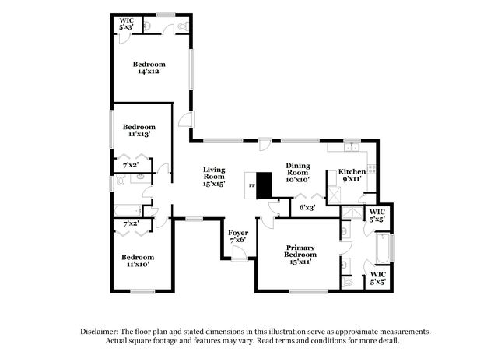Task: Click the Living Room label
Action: pyautogui.click(x=214, y=177)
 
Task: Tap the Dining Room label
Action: pyautogui.click(x=297, y=173)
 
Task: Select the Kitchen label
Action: pyautogui.click(x=352, y=175)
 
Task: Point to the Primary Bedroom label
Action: pyautogui.click(x=300, y=255)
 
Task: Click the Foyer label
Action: pyautogui.click(x=238, y=237)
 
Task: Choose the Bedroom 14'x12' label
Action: pyautogui.click(x=149, y=68)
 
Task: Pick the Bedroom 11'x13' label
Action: pyautogui.click(x=139, y=130)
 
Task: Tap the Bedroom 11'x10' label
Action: pyautogui.click(x=138, y=261)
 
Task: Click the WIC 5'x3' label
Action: pyautogui.click(x=126, y=24)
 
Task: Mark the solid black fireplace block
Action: pyautogui.click(x=264, y=185)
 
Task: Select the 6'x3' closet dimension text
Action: pyautogui.click(x=307, y=208)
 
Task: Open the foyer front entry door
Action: pyautogui.click(x=240, y=254)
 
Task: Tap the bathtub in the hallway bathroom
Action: pyautogui.click(x=128, y=210)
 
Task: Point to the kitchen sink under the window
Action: pyautogui.click(x=352, y=147)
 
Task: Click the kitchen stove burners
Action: pyautogui.click(x=372, y=169)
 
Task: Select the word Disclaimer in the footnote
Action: pyautogui.click(x=100, y=332)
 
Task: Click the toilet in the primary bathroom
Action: pyautogui.click(x=347, y=282)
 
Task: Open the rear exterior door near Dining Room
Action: pyautogui.click(x=265, y=144)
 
